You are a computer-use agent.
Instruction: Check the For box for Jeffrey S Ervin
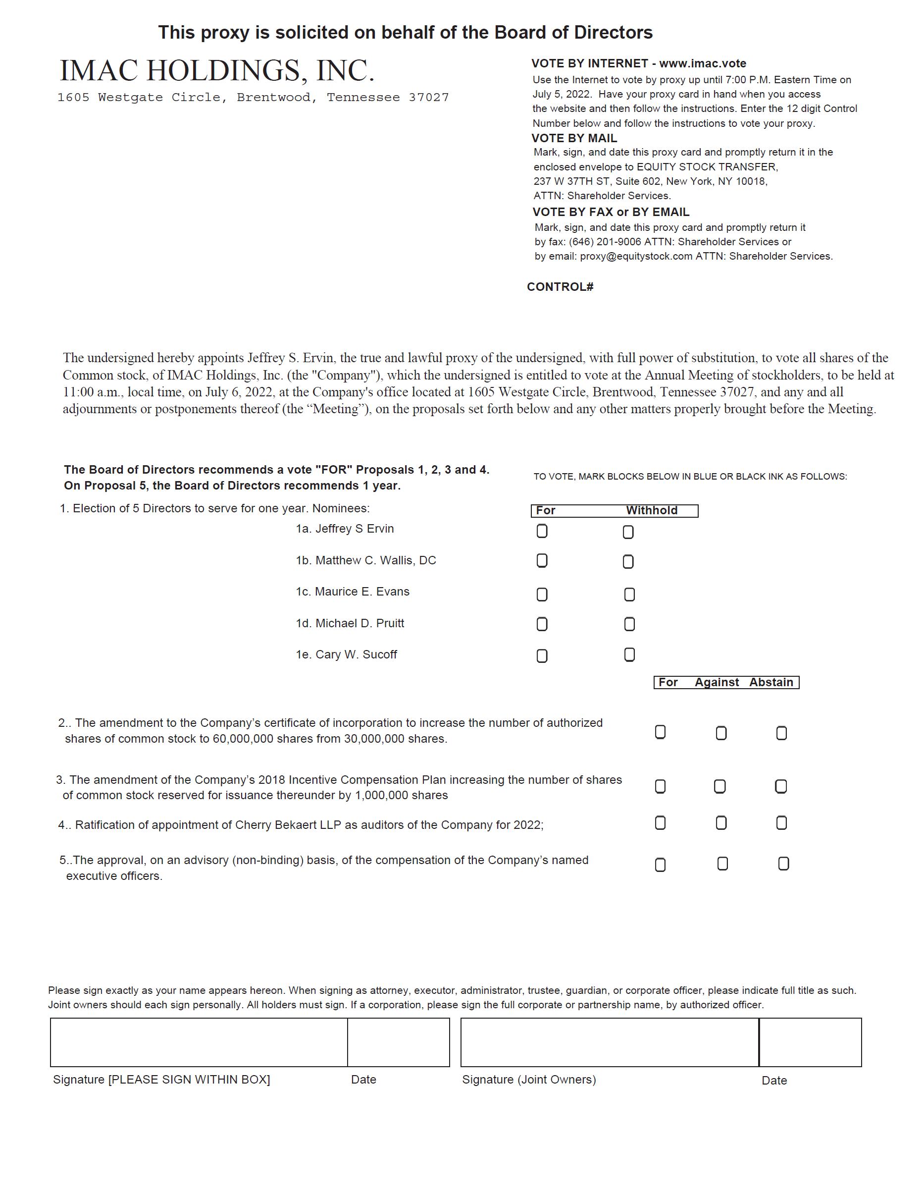[542, 531]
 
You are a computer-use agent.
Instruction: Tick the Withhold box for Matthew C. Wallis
[628, 562]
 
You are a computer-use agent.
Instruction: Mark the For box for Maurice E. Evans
[542, 595]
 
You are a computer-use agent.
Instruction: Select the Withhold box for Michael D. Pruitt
[629, 624]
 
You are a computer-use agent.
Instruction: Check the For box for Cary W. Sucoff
[542, 656]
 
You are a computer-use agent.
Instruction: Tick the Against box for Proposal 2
[721, 733]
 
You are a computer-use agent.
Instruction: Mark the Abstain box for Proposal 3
[781, 786]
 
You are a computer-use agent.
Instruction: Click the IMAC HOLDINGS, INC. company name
[217, 71]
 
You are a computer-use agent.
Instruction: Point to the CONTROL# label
[560, 287]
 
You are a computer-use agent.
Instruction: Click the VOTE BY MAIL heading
[574, 138]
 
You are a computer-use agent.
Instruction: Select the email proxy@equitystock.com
[636, 257]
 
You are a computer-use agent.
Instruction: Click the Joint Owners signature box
[610, 1042]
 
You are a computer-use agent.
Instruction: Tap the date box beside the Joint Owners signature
[810, 1042]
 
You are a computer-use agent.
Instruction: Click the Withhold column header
[651, 511]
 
